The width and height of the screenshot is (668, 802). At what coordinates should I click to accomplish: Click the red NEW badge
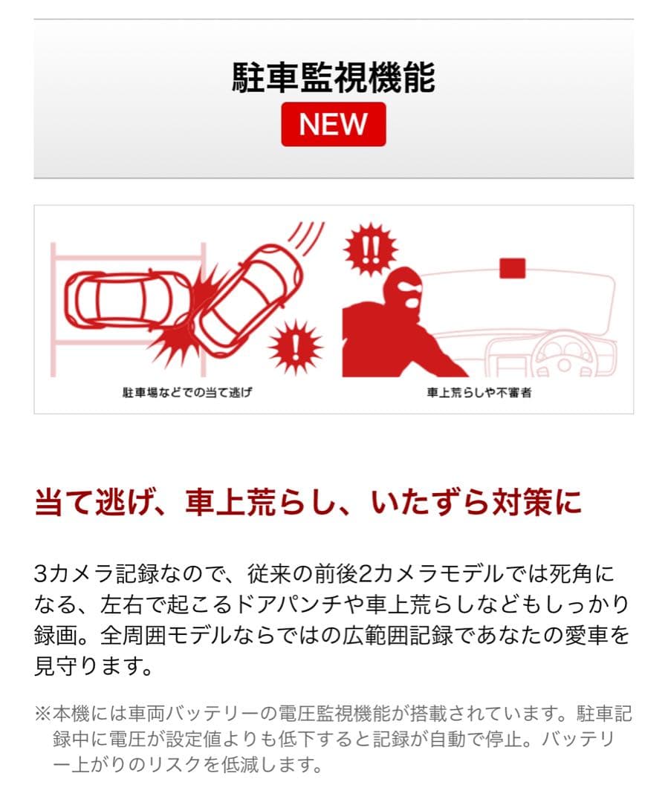pyautogui.click(x=333, y=124)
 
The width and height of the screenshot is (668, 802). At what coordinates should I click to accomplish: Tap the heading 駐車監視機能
pyautogui.click(x=333, y=78)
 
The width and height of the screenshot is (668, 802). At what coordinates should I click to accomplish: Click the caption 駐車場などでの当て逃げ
pyautogui.click(x=187, y=392)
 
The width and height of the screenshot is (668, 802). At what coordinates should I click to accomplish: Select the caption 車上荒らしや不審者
pyautogui.click(x=479, y=392)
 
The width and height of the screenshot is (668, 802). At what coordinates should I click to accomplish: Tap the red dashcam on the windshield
pyautogui.click(x=513, y=268)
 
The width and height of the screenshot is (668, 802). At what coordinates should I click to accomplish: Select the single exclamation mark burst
pyautogui.click(x=295, y=345)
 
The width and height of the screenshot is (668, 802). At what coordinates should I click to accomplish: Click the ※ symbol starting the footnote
pyautogui.click(x=42, y=714)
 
